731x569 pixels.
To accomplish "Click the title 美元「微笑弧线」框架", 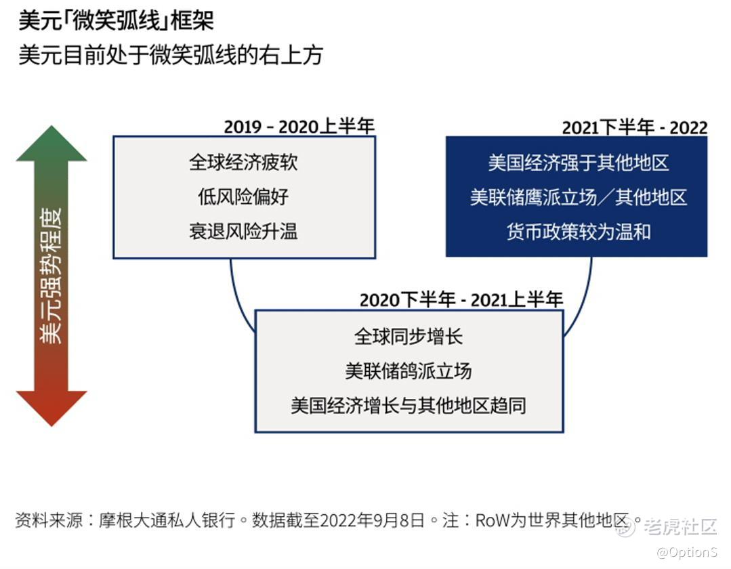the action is pos(116,21).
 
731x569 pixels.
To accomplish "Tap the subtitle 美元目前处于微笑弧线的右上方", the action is pos(171,55).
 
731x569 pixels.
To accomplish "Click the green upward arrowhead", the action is pos(51,144).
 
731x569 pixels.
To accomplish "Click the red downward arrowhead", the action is pos(51,408).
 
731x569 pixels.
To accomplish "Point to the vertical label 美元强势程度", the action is pos(51,276).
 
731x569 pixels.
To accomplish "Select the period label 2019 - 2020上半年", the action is pos(299,126).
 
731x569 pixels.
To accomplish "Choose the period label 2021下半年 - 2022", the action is pos(635,127).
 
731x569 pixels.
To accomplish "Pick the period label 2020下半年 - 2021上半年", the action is pos(461,299).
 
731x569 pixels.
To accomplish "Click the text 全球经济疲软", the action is pos(243,162).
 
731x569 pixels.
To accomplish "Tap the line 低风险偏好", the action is pos(243,196).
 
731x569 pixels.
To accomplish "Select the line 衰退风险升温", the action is pos(243,231).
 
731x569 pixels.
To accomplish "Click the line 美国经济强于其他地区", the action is pos(579,163).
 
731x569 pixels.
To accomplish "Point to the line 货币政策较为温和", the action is pos(579,232).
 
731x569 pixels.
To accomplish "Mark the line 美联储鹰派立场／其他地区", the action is pos(579,197).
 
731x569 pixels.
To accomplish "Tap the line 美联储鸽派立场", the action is pos(409,371).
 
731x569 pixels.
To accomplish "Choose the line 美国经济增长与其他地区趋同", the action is pos(409,406).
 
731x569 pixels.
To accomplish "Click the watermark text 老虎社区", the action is pos(680,526).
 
